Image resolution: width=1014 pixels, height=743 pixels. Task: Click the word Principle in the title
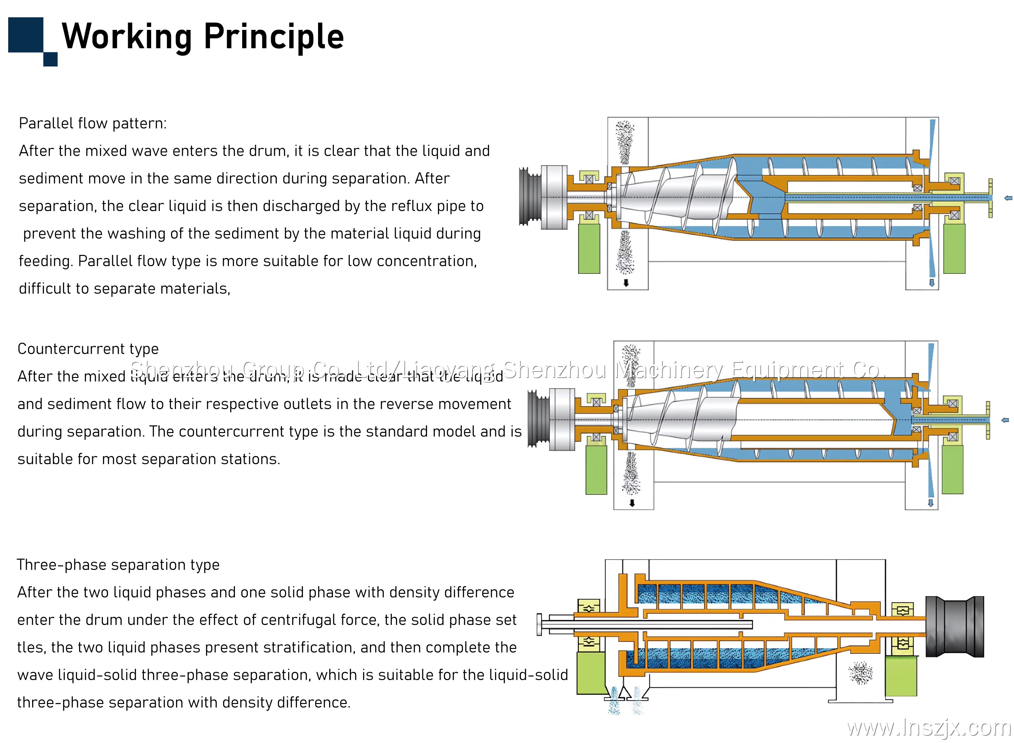(274, 37)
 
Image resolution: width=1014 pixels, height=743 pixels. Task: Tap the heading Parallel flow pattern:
(93, 123)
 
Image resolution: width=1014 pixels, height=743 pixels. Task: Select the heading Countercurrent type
(88, 349)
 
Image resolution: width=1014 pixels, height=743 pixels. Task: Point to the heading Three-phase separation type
(118, 565)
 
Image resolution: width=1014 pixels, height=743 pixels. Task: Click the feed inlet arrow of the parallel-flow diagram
(1008, 198)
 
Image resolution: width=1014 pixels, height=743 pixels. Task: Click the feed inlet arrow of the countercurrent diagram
(1005, 420)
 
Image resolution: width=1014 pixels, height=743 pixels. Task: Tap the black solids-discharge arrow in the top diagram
(626, 283)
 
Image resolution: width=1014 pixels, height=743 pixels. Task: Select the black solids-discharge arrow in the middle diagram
(632, 503)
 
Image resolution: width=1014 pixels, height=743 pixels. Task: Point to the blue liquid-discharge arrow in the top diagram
(931, 283)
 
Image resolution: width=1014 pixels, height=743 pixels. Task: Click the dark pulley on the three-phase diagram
(954, 627)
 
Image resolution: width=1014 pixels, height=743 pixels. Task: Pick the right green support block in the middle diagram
(952, 470)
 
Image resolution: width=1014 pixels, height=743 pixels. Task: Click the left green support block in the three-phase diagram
(590, 673)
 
